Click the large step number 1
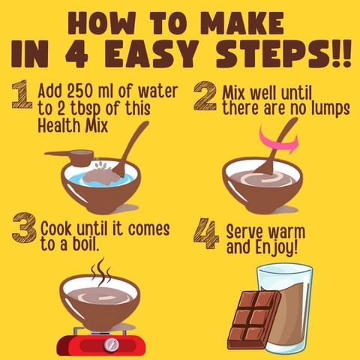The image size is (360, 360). (22, 94)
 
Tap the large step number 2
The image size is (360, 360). (205, 96)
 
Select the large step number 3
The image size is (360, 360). (24, 228)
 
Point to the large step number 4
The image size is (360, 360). (206, 233)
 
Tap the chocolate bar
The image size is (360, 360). (254, 319)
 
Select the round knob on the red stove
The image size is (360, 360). (111, 344)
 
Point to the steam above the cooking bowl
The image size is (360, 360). (100, 271)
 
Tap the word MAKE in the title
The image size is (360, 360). (242, 23)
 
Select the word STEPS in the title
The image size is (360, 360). (274, 55)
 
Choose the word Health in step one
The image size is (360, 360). (58, 125)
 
